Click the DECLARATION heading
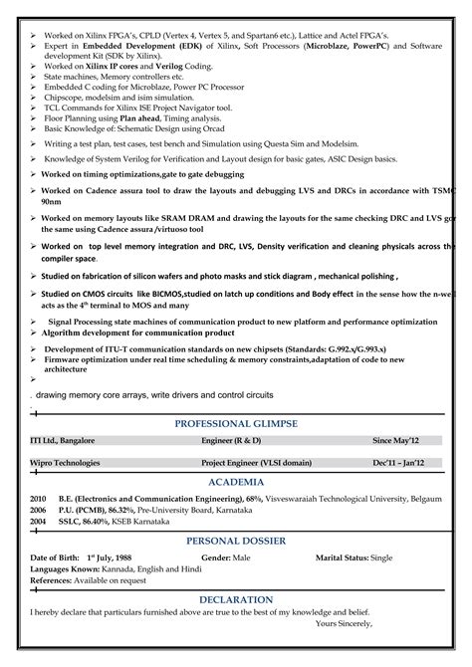point(236,599)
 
